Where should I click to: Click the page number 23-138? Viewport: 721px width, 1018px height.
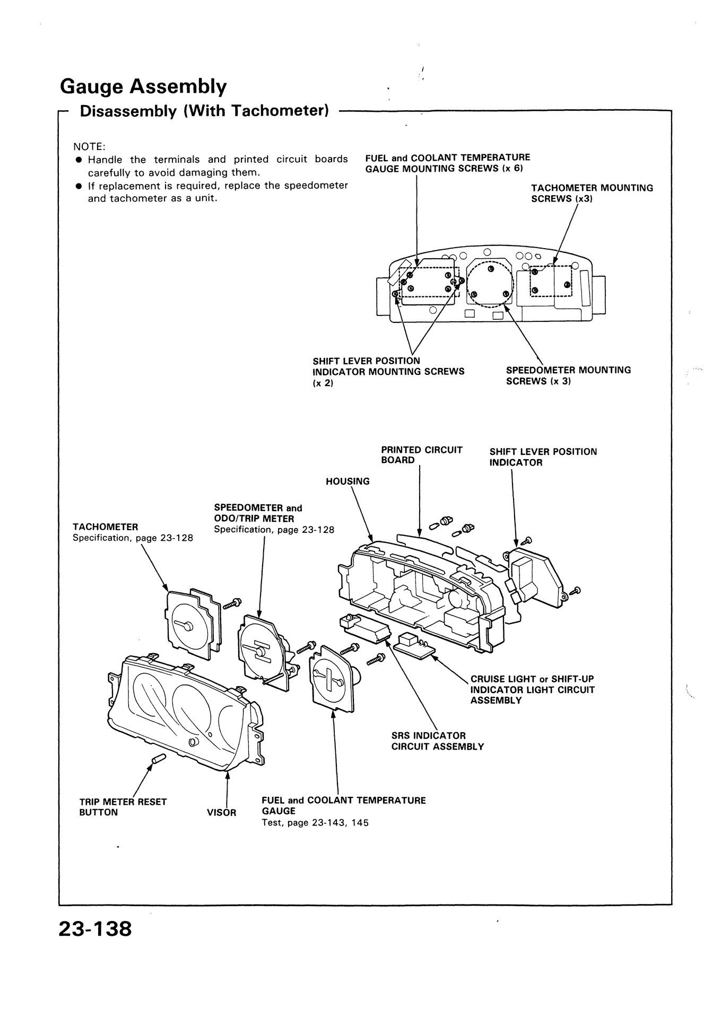pos(95,928)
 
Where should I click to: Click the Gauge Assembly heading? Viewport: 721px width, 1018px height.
pos(143,85)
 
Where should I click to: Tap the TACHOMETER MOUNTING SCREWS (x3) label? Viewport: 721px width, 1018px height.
pos(592,193)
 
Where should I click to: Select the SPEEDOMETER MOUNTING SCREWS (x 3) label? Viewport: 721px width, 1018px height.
pos(568,375)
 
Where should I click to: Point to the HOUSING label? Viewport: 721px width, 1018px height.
pos(348,481)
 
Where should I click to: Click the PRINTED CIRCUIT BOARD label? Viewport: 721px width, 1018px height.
pos(421,455)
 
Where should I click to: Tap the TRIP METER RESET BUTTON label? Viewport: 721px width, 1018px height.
pos(123,807)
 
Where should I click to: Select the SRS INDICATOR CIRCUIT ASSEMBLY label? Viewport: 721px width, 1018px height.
pos(437,741)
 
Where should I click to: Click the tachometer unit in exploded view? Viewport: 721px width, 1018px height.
pos(191,621)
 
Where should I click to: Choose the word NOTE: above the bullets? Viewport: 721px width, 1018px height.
pos(90,146)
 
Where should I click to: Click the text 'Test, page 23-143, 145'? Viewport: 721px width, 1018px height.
pos(315,823)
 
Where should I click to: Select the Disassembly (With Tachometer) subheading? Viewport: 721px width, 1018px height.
pos(204,111)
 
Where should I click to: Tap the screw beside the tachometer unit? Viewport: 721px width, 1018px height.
pos(232,603)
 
